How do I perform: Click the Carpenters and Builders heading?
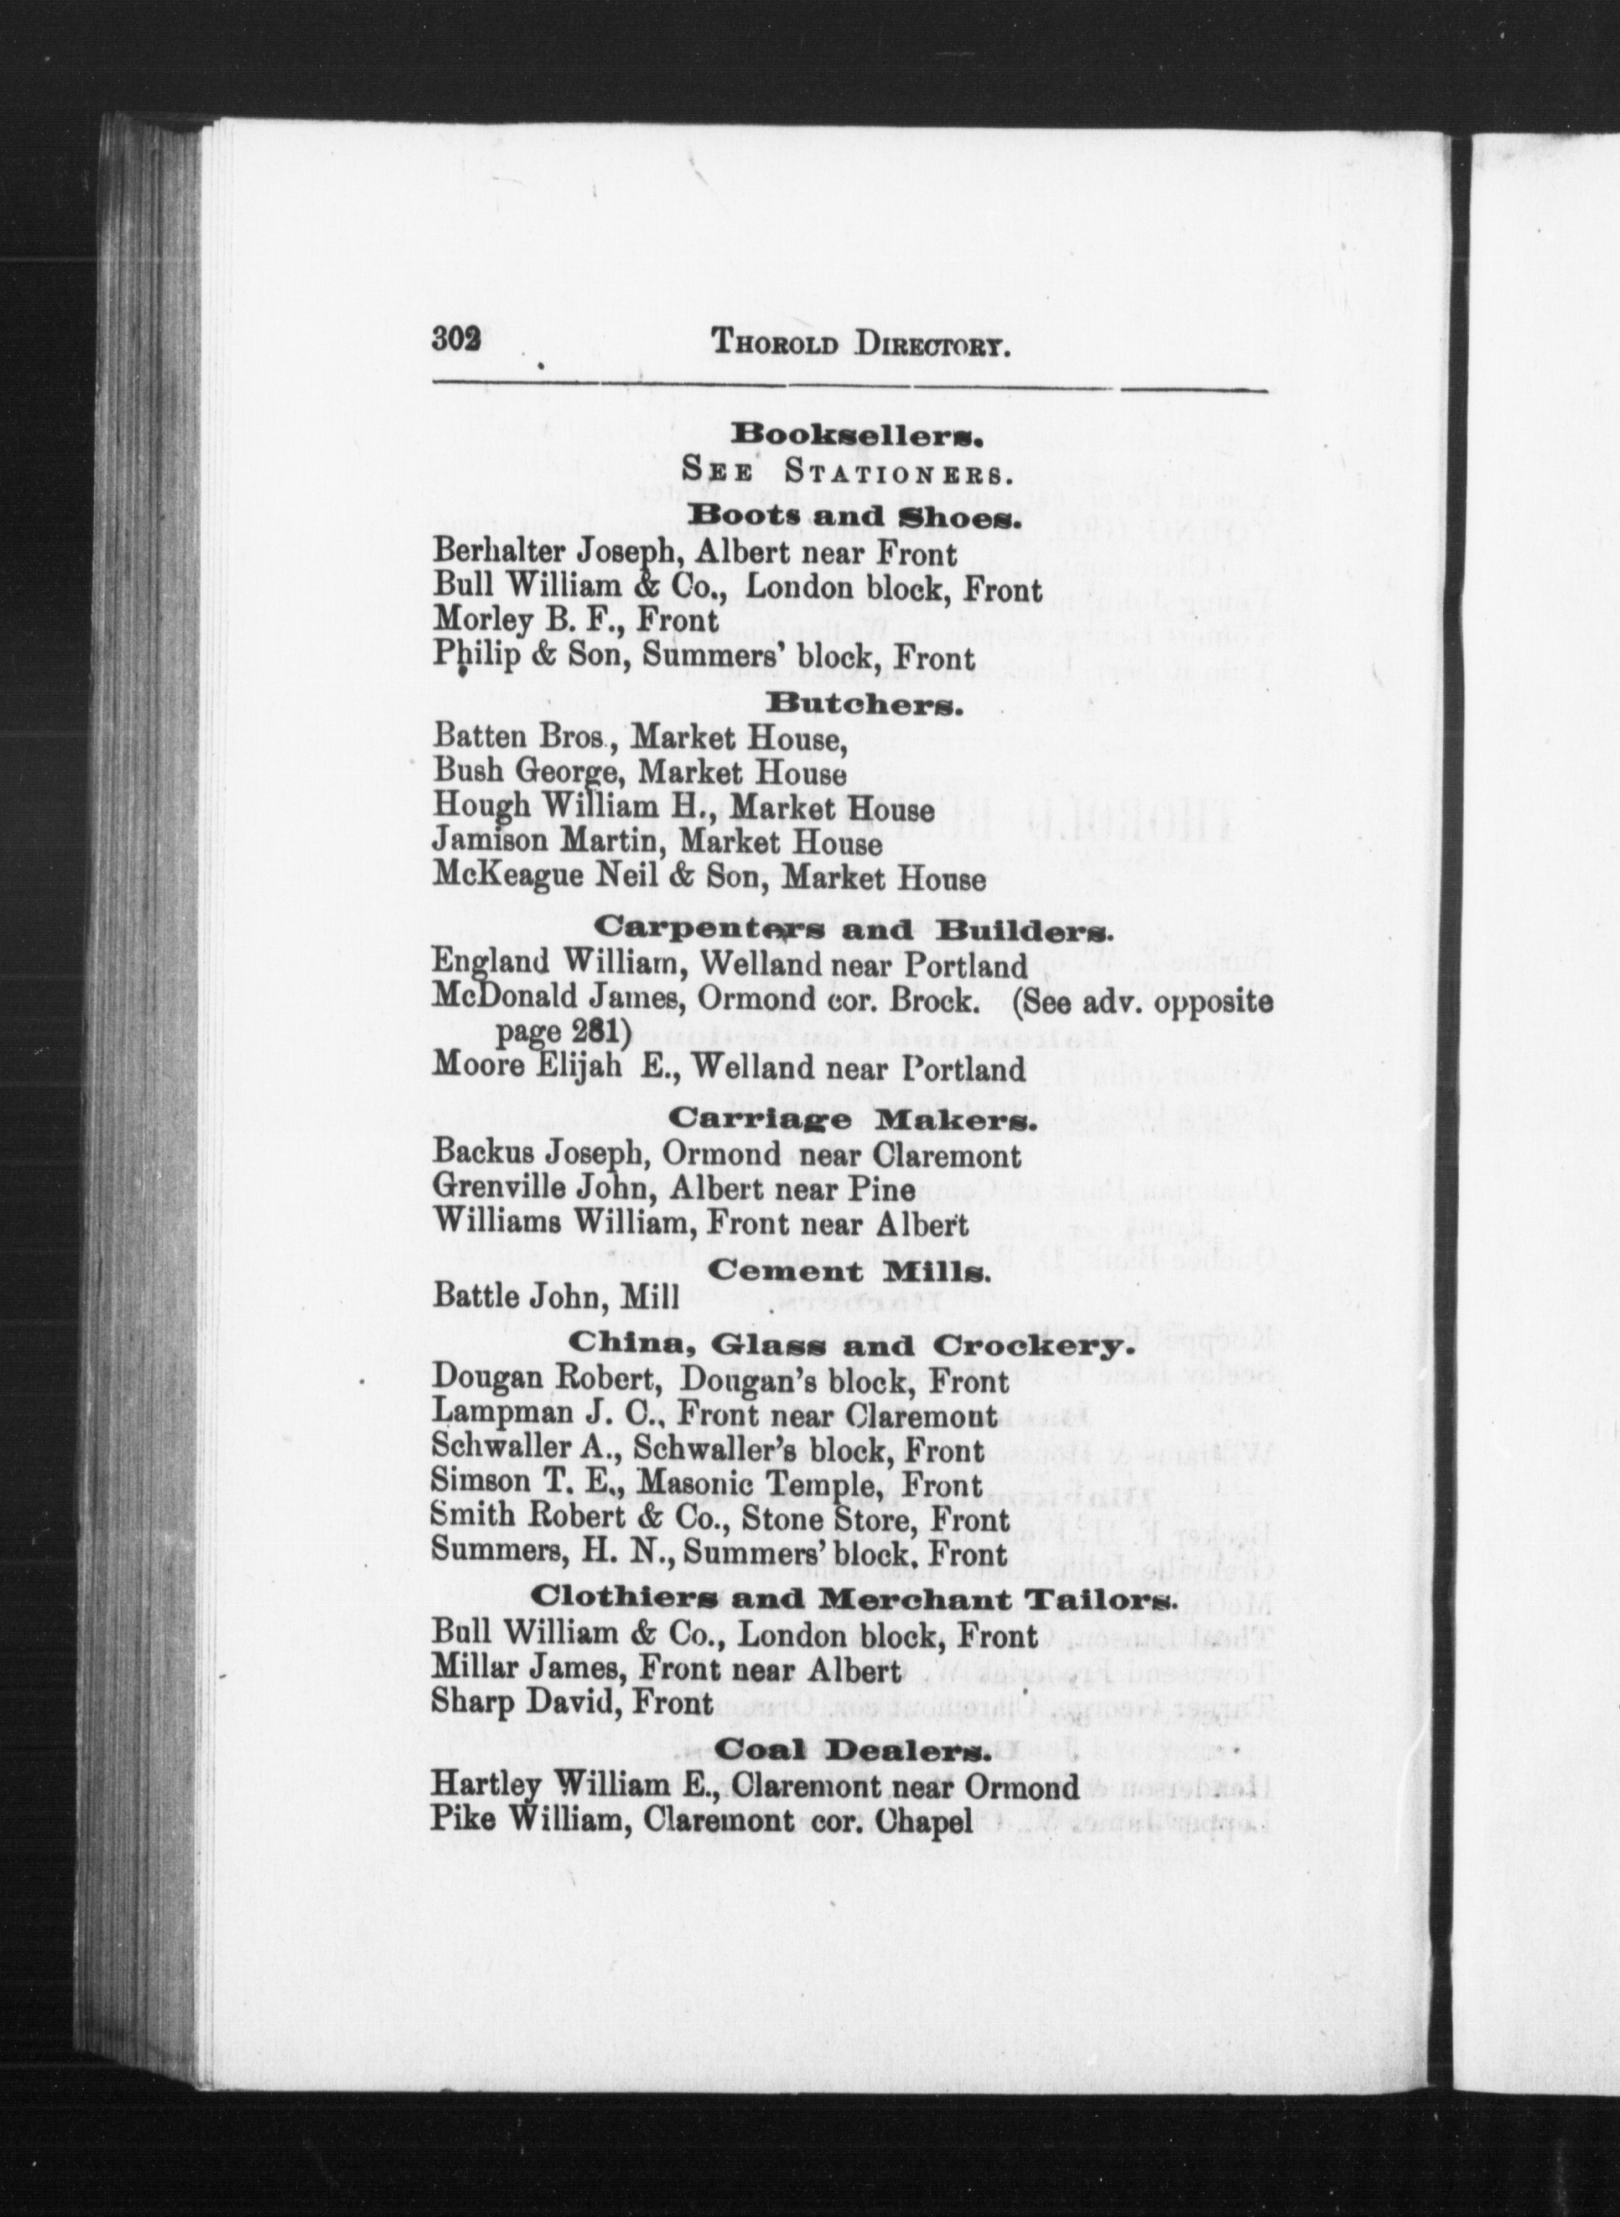pos(852,928)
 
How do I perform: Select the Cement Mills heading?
pos(848,1274)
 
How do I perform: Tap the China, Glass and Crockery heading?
pos(845,1346)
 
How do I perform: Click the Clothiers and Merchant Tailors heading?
pos(851,1600)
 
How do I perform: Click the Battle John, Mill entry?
pos(556,1297)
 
